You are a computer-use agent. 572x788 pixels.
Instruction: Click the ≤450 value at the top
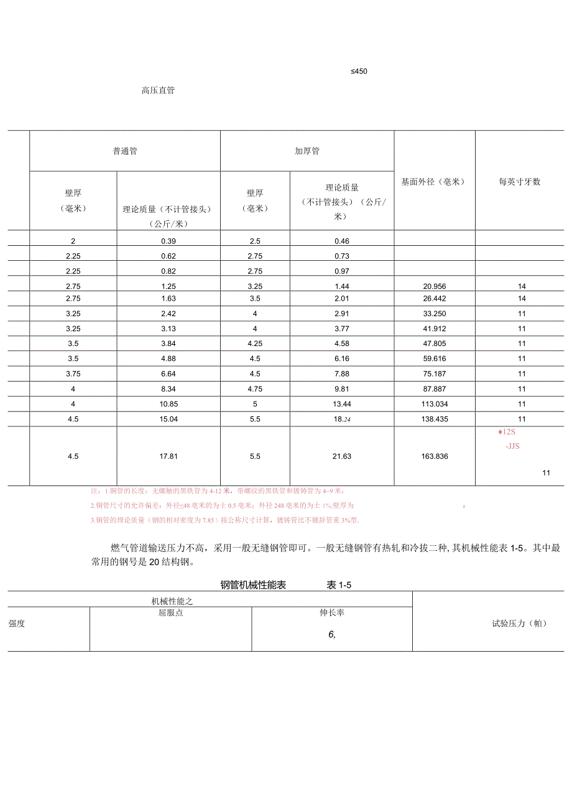point(359,72)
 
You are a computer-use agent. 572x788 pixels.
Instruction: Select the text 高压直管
point(158,90)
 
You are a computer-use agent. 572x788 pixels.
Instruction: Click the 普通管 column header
point(125,152)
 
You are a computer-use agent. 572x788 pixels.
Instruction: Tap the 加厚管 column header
point(307,152)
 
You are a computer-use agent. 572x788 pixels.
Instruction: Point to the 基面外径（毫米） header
point(434,182)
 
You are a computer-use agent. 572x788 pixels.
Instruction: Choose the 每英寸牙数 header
point(519,182)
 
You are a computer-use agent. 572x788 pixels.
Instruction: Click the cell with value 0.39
point(168,241)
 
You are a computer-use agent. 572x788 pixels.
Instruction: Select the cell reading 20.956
point(434,286)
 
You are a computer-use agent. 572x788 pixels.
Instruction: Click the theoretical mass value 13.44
point(342,404)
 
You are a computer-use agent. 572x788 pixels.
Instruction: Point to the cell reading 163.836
point(434,456)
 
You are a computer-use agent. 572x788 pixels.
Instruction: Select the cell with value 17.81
point(168,456)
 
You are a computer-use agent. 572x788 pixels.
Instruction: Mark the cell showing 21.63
point(342,456)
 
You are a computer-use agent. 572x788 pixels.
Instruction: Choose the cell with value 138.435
point(434,419)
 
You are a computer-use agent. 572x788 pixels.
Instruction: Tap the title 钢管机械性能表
point(253,585)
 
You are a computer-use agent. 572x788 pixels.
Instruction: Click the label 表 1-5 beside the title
point(340,585)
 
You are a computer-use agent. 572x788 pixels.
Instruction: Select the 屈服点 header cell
point(170,612)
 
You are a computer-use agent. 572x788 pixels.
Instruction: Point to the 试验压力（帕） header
point(519,623)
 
